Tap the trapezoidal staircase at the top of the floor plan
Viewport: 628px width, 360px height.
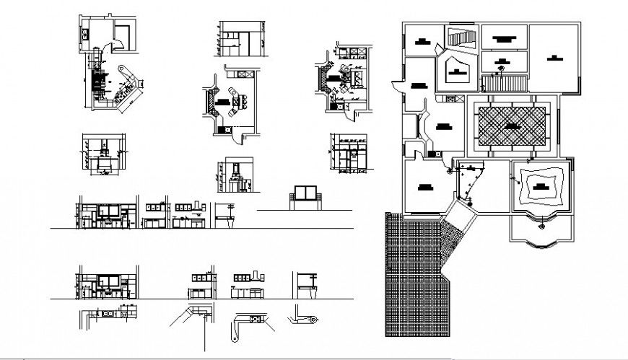point(461,37)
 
